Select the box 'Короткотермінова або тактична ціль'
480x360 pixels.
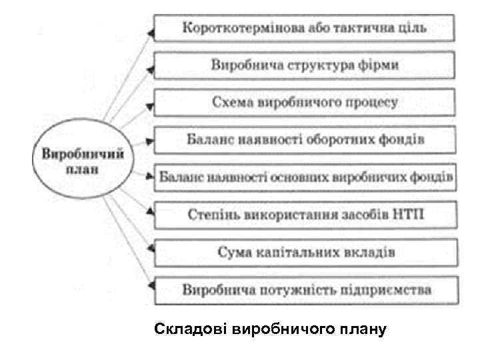(305, 29)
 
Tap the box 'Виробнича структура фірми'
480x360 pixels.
(305, 65)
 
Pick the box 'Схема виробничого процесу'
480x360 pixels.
(305, 103)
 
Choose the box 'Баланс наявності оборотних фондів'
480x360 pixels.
(305, 140)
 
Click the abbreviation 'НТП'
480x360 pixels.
(410, 215)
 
